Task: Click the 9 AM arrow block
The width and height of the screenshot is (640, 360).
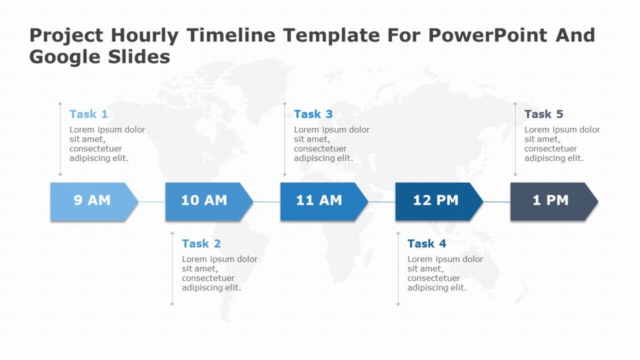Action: point(92,201)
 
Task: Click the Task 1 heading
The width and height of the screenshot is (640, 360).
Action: point(89,114)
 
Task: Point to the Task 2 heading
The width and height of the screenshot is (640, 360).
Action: point(201,244)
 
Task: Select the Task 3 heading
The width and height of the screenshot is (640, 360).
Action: point(313,114)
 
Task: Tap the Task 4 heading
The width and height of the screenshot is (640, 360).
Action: point(427,244)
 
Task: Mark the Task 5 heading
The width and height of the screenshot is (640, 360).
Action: point(544,114)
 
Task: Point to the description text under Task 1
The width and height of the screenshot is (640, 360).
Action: point(107,144)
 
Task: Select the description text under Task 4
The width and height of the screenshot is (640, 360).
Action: point(445,274)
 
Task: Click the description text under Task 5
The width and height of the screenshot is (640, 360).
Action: point(562,144)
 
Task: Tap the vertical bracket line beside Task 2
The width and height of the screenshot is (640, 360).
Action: point(172,269)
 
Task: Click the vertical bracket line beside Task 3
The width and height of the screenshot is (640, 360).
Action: point(285,139)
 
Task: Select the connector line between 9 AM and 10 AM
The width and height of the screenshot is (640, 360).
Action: point(152,202)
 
